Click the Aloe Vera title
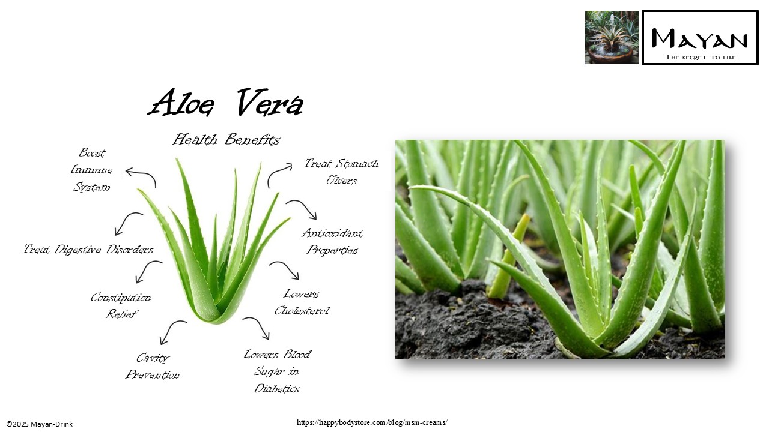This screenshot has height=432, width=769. [226, 103]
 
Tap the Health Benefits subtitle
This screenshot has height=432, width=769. [226, 140]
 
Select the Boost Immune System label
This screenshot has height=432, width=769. [91, 170]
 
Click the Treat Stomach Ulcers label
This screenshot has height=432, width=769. [341, 172]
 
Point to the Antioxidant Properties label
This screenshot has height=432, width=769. [332, 241]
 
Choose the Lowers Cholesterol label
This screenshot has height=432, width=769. [302, 302]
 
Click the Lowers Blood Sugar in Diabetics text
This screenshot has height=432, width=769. [277, 371]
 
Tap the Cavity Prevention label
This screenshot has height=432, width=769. [153, 367]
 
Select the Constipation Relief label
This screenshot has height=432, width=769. [121, 306]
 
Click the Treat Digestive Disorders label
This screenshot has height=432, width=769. [88, 250]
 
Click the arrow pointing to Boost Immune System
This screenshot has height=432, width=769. [141, 176]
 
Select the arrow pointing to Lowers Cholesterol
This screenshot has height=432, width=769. [284, 269]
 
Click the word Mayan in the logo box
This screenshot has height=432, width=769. [700, 40]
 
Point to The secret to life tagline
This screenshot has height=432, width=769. [700, 58]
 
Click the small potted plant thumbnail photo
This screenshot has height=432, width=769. [612, 37]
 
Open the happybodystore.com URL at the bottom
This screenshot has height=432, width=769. [372, 422]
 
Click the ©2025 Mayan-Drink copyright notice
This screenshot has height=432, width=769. [40, 424]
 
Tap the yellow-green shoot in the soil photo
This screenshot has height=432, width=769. [508, 257]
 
